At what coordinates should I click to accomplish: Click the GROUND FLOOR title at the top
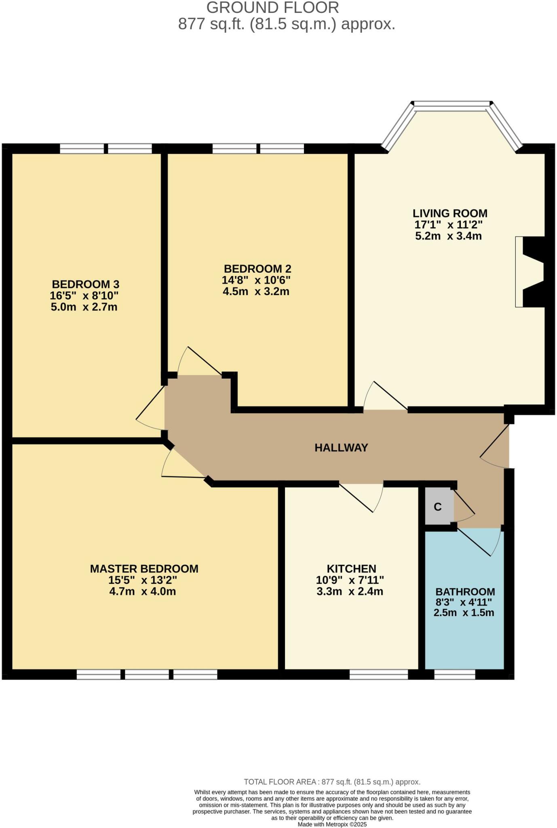[272, 8]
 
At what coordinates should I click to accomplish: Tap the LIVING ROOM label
[449, 213]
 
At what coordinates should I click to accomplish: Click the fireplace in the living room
[530, 272]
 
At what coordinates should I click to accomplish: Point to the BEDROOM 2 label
[257, 268]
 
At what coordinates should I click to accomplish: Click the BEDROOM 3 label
[85, 284]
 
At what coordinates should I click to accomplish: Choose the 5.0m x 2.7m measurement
[84, 307]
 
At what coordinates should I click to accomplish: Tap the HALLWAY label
[341, 448]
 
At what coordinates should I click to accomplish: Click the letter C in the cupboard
[437, 507]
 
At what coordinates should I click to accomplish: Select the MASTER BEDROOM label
[144, 568]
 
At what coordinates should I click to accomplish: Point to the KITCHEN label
[351, 568]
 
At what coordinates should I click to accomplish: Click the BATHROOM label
[465, 591]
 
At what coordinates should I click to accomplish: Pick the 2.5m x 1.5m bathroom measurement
[464, 613]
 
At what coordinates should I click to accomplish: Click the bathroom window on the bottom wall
[454, 674]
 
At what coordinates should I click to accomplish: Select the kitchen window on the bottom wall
[378, 674]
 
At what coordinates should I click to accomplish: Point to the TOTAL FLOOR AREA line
[332, 782]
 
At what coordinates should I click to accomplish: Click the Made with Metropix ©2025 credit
[332, 824]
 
